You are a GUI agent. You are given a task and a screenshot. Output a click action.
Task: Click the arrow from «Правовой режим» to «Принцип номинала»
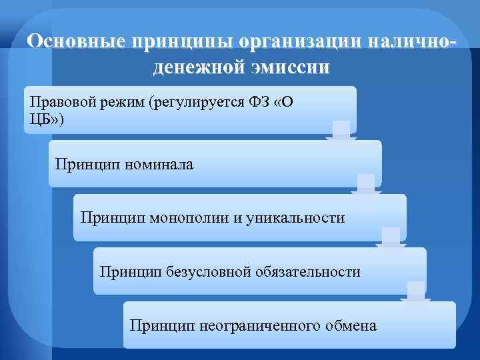341,131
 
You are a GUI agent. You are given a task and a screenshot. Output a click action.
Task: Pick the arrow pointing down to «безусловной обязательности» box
391,239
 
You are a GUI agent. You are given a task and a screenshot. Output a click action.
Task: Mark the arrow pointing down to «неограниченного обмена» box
415,293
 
